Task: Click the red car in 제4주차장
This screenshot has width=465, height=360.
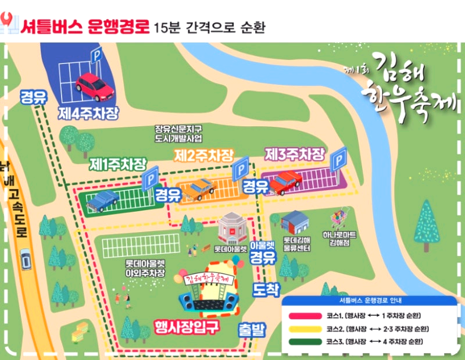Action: pyautogui.click(x=95, y=86)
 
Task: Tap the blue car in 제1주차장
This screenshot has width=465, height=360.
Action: pyautogui.click(x=103, y=200)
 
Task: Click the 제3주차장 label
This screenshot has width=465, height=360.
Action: pyautogui.click(x=295, y=155)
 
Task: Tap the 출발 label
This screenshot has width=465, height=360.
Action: pyautogui.click(x=252, y=330)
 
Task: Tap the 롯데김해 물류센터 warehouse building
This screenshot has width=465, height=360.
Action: pyautogui.click(x=295, y=222)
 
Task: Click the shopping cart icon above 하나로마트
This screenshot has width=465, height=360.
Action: pyautogui.click(x=338, y=218)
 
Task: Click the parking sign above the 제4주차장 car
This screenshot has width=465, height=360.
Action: pyautogui.click(x=96, y=56)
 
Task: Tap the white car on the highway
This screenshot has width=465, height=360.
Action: pyautogui.click(x=26, y=259)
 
